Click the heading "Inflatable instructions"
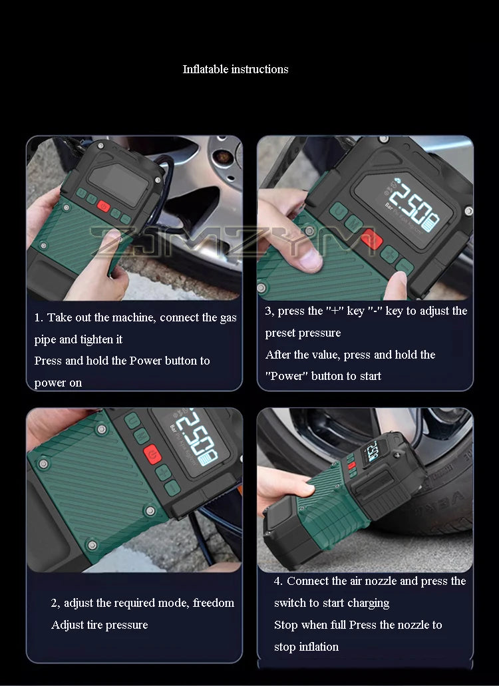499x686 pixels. (236, 69)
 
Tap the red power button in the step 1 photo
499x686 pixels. (103, 206)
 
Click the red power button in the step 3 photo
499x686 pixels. (372, 239)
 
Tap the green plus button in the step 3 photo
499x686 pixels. (389, 254)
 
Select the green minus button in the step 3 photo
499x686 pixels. (405, 266)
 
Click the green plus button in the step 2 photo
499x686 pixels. (163, 473)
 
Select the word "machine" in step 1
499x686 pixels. (133, 317)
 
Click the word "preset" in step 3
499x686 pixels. (280, 333)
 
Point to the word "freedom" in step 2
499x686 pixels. (214, 603)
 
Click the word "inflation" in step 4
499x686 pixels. (319, 647)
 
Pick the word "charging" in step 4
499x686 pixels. (368, 603)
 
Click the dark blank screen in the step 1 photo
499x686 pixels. (118, 184)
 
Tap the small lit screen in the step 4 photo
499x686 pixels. (372, 452)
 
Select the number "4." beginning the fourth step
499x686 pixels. (277, 581)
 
